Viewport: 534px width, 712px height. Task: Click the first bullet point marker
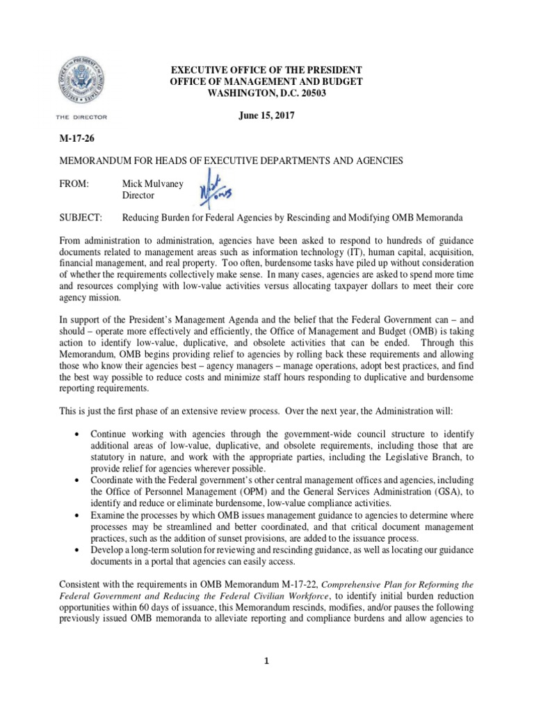click(76, 434)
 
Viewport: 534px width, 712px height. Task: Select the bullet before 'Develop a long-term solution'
click(76, 551)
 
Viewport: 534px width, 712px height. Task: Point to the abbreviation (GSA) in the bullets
click(444, 492)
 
